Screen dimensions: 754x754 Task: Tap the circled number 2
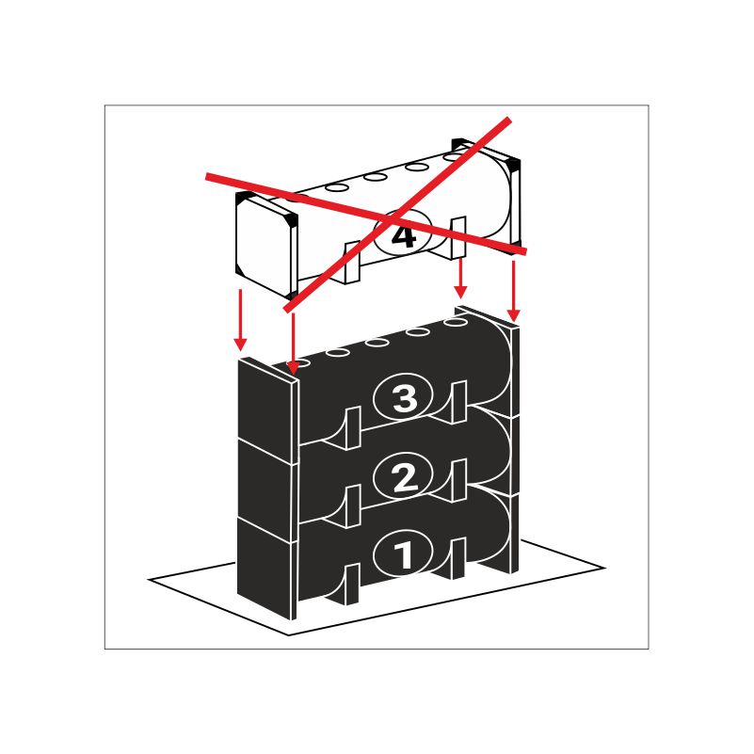pos(403,476)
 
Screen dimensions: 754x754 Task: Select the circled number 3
pos(403,397)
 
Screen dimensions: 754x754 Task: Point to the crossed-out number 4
pos(403,235)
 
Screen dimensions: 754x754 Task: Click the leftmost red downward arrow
pos(240,320)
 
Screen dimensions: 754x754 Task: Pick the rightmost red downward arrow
pos(514,291)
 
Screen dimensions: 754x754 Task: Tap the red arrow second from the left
pos(293,344)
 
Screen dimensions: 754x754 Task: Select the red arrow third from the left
pos(460,278)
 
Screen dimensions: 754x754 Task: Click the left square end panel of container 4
pos(266,245)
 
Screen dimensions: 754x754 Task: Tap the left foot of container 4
pos(352,263)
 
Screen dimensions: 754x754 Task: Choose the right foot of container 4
pos(457,238)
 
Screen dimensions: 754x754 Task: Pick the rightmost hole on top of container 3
pos(456,322)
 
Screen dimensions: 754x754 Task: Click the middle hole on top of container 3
pos(377,343)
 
